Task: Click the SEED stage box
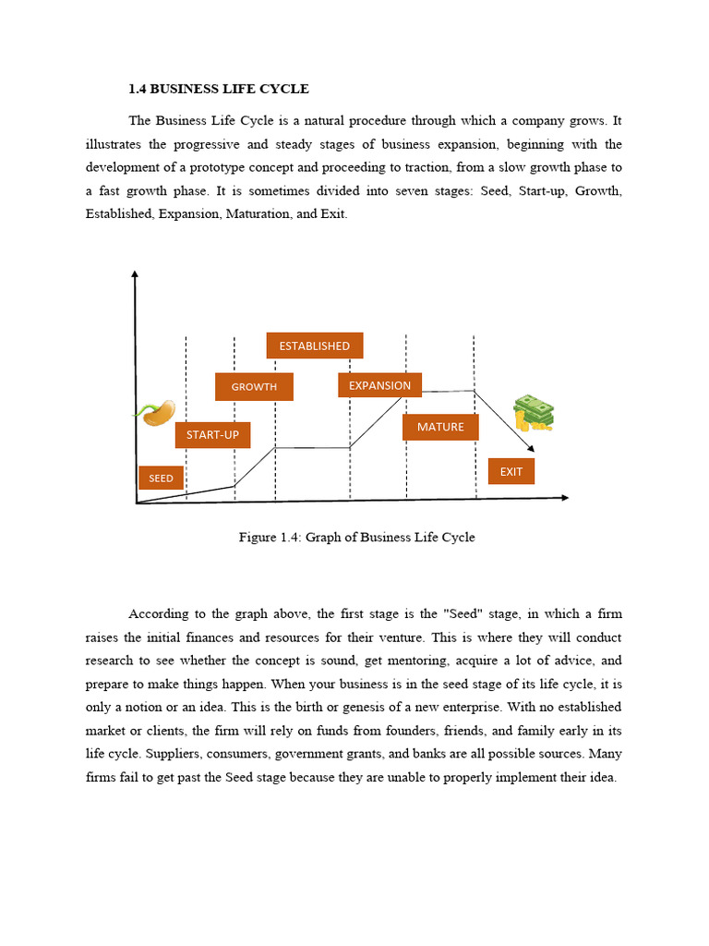[x=161, y=478]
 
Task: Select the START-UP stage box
[x=212, y=434]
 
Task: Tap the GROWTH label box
[x=254, y=386]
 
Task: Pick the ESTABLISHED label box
[x=314, y=346]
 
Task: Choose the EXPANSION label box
[x=379, y=385]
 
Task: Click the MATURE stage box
[x=440, y=427]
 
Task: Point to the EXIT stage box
[x=511, y=471]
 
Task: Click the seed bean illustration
[x=156, y=412]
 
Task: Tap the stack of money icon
[x=534, y=413]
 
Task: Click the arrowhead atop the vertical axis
[x=135, y=273]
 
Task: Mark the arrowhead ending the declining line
[x=530, y=449]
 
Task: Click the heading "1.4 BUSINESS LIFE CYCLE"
[x=219, y=90]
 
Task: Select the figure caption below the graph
[x=356, y=537]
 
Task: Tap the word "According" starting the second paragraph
[x=159, y=614]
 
